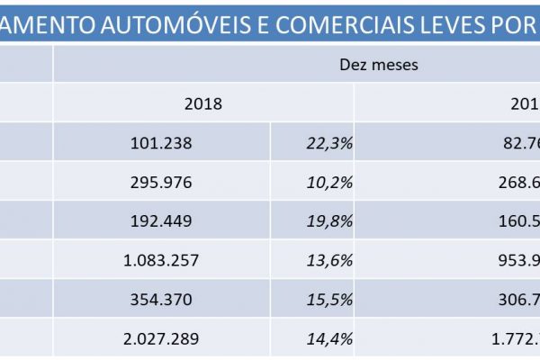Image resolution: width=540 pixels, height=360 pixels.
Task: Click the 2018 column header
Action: [x=203, y=103]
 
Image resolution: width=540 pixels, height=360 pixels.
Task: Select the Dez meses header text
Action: [x=378, y=65]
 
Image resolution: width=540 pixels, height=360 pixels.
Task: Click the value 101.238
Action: [x=162, y=141]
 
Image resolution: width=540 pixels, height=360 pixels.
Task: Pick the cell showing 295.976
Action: [x=162, y=182]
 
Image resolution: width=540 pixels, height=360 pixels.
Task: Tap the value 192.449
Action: [x=162, y=221]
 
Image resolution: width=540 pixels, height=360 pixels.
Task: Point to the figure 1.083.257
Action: [x=162, y=261]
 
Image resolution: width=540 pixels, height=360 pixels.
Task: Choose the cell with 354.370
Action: [x=162, y=301]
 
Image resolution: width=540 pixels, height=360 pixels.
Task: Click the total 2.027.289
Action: [x=162, y=341]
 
